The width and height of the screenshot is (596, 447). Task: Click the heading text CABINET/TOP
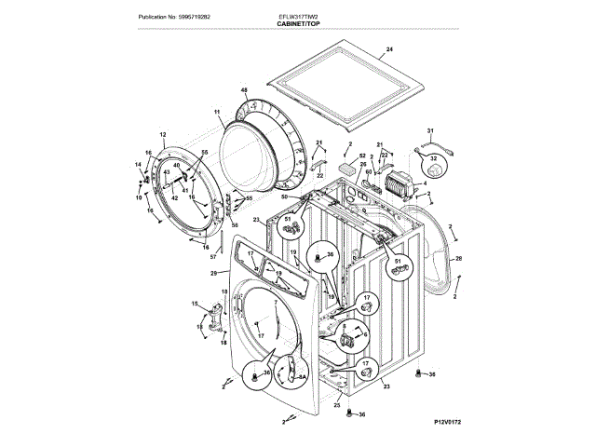point(298,24)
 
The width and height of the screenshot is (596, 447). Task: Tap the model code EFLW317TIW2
point(298,17)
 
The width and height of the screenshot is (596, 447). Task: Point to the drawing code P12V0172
point(447,422)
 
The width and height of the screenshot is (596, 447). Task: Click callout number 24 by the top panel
point(389,48)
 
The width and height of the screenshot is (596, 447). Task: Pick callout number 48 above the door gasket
point(244,89)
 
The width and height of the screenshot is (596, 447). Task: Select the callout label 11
point(217,113)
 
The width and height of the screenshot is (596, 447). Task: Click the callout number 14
point(137,165)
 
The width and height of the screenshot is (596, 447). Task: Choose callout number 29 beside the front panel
point(213,273)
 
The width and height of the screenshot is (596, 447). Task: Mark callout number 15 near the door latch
point(195,305)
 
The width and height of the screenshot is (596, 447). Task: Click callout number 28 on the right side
point(458,258)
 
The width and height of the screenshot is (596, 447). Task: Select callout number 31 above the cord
point(430,131)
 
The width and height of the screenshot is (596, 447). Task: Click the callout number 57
point(213,256)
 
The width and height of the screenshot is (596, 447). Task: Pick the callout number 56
point(235,223)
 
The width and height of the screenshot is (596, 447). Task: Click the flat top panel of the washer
point(345,88)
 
